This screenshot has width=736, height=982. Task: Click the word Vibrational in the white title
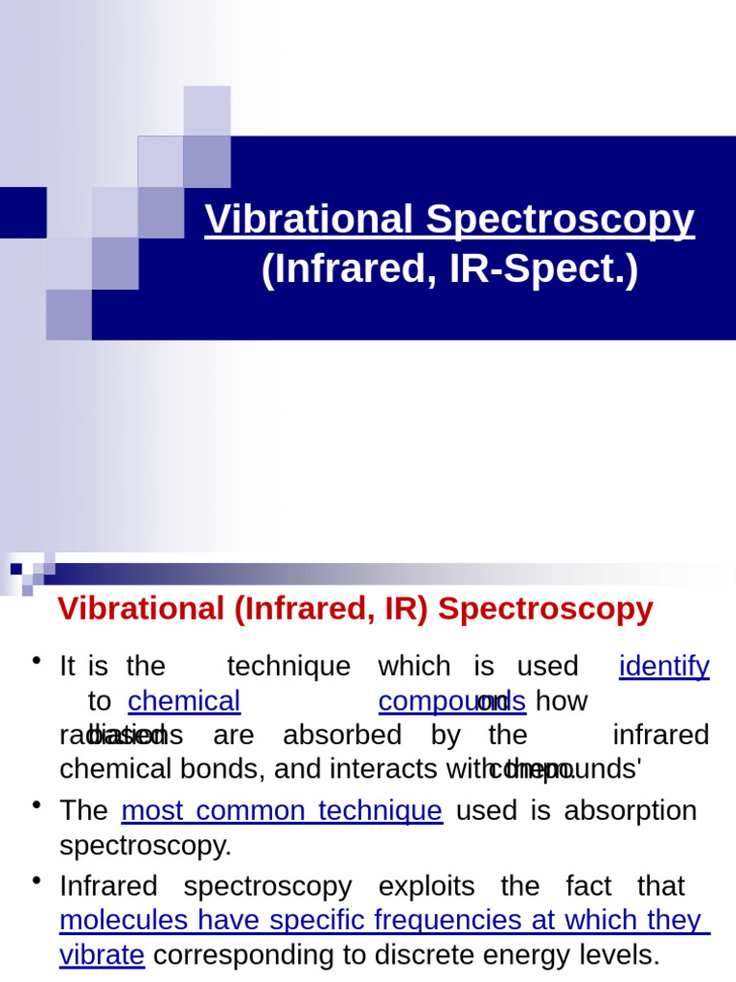(x=310, y=220)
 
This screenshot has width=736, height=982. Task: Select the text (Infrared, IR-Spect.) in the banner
(x=448, y=270)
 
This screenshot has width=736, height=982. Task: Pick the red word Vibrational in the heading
(x=140, y=609)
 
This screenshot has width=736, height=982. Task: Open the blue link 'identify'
(x=664, y=666)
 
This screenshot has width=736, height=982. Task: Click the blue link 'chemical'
(x=184, y=701)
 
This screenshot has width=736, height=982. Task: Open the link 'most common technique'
(x=282, y=810)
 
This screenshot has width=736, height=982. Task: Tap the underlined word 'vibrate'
(x=102, y=955)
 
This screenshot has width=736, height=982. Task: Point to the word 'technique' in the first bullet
(x=288, y=666)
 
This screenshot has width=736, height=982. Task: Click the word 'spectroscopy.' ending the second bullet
(x=146, y=846)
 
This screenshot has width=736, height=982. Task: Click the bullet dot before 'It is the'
(x=36, y=661)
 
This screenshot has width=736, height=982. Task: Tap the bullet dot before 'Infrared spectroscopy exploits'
(x=36, y=880)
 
